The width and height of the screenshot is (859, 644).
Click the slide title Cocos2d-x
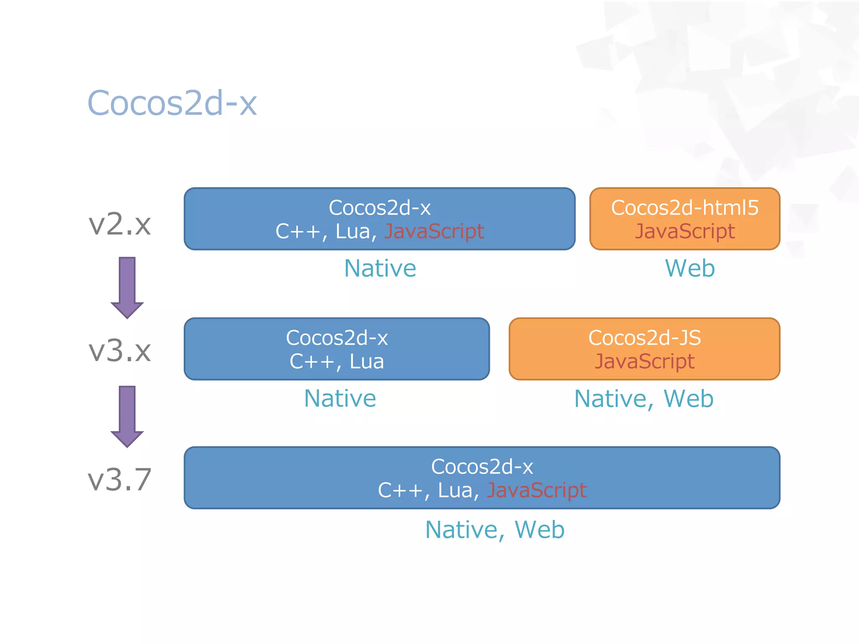click(x=172, y=103)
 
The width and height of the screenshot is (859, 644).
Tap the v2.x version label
click(x=120, y=224)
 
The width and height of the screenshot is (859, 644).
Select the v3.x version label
click(x=120, y=351)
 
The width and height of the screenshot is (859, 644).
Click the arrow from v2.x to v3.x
click(x=127, y=287)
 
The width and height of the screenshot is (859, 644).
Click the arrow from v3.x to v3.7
click(x=127, y=416)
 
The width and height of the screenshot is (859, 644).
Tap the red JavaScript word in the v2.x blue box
click(x=434, y=231)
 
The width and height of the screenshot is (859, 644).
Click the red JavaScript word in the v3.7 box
click(x=536, y=490)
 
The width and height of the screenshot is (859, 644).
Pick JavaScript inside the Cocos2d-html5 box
click(x=685, y=231)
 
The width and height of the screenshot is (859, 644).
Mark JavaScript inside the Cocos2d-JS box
click(x=644, y=361)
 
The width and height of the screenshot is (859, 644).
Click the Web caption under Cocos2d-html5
click(x=690, y=268)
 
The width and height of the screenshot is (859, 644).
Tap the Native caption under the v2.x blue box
click(x=380, y=268)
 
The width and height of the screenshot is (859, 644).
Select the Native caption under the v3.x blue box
click(x=340, y=398)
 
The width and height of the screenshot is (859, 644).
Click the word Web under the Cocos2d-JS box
click(x=688, y=399)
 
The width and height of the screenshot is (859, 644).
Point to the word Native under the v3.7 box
click(x=461, y=530)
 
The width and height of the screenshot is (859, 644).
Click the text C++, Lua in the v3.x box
click(x=337, y=361)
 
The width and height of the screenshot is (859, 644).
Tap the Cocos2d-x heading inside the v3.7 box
click(x=482, y=467)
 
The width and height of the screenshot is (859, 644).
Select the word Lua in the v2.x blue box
click(x=352, y=231)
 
